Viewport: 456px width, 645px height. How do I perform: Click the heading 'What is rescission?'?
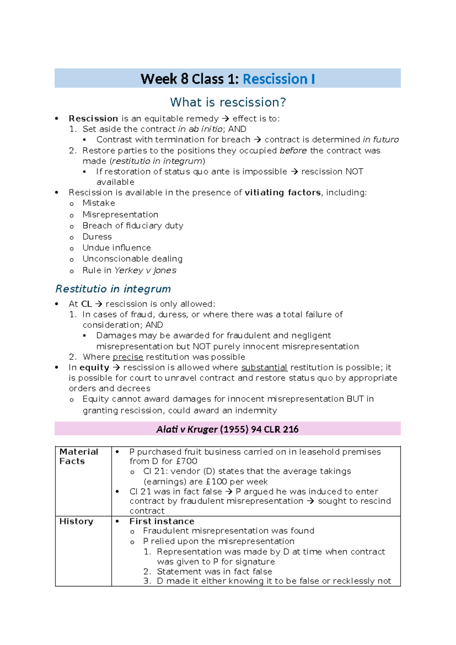click(x=228, y=102)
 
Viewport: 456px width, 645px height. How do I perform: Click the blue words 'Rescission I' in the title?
click(x=279, y=79)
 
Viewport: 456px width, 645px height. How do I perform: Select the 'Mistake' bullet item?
click(x=99, y=203)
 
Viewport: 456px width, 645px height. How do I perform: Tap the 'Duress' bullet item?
click(x=97, y=237)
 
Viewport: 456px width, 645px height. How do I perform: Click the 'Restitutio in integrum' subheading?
click(x=113, y=289)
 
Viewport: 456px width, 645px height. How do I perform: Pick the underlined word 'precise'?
click(x=128, y=357)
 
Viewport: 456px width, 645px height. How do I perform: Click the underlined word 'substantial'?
click(x=264, y=368)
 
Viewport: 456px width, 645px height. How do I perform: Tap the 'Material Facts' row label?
click(x=78, y=456)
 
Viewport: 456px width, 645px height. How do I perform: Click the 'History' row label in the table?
click(x=76, y=521)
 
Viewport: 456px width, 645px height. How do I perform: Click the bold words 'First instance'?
click(x=162, y=521)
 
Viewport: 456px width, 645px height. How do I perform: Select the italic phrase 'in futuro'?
click(x=381, y=140)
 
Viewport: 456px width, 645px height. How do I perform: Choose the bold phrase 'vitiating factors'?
click(x=283, y=192)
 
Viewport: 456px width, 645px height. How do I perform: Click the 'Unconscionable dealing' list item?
click(x=132, y=259)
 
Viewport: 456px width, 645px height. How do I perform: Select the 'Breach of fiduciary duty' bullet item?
click(x=133, y=226)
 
